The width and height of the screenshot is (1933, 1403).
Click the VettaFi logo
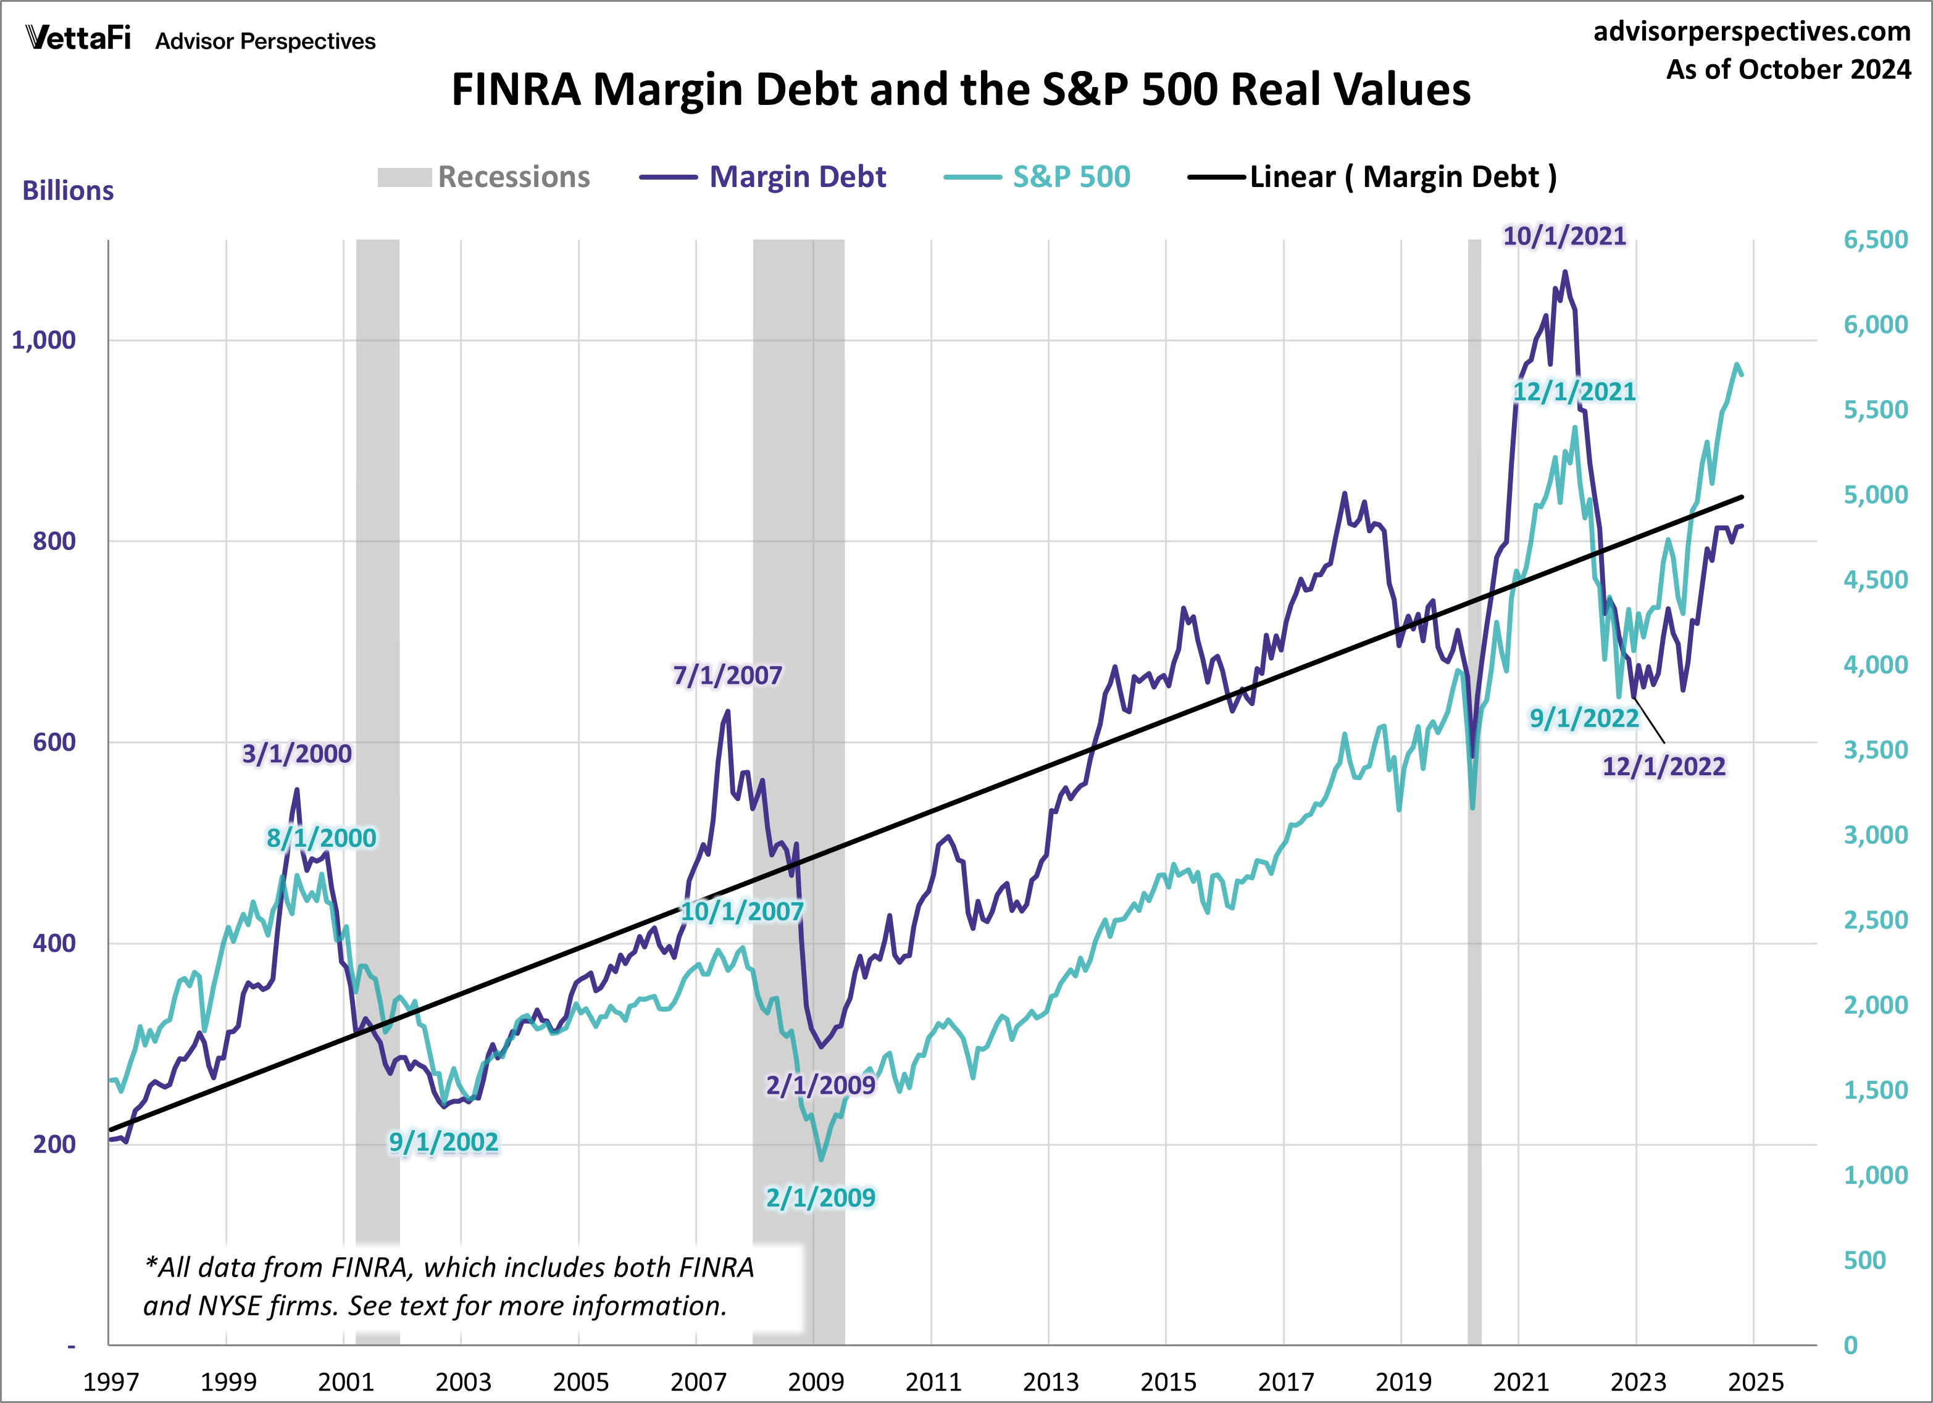pyautogui.click(x=78, y=38)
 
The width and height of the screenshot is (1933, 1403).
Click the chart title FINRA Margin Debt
pyautogui.click(x=961, y=90)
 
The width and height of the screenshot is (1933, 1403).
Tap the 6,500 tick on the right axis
pyautogui.click(x=1875, y=239)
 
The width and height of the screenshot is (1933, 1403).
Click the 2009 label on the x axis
pyautogui.click(x=815, y=1381)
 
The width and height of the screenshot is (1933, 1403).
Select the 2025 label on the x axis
pyautogui.click(x=1755, y=1381)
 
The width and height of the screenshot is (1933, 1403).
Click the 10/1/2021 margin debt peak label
pyautogui.click(x=1564, y=236)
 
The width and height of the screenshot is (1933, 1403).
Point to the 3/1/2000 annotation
pyautogui.click(x=296, y=754)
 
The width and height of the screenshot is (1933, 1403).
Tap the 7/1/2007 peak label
pyautogui.click(x=727, y=675)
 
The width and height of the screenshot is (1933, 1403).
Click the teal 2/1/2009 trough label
pyautogui.click(x=820, y=1197)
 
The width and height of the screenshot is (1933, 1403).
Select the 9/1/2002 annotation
pyautogui.click(x=443, y=1141)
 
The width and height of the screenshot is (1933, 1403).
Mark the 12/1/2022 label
pyautogui.click(x=1664, y=766)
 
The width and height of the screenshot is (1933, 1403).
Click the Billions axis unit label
pyautogui.click(x=68, y=191)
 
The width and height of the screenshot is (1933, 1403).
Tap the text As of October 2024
pyautogui.click(x=1788, y=69)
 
